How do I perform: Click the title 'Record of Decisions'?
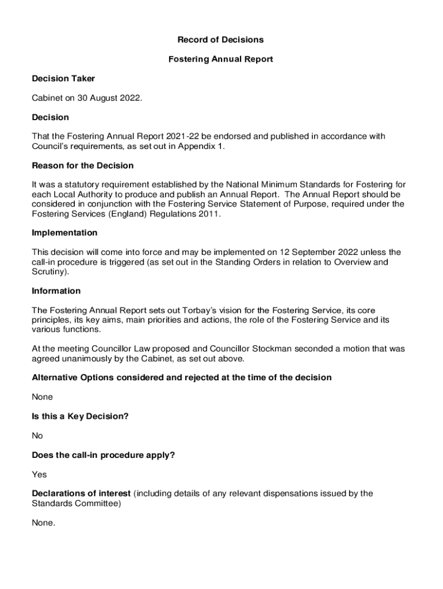(220, 40)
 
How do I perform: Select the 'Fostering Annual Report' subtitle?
(220, 59)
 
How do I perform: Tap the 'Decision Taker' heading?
(63, 79)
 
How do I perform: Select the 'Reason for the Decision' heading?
(83, 166)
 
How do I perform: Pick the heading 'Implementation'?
(64, 233)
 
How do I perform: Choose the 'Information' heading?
(56, 291)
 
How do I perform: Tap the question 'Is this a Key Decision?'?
(80, 416)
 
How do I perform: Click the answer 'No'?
(37, 436)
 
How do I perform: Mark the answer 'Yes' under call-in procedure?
(39, 475)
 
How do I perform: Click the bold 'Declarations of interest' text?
(81, 494)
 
